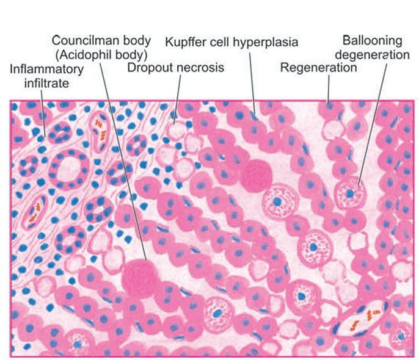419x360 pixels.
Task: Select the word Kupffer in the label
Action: (x=184, y=42)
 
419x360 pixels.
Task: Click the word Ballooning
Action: (x=373, y=41)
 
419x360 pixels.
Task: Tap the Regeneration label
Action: (x=318, y=67)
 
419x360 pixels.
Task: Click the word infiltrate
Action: (x=39, y=81)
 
